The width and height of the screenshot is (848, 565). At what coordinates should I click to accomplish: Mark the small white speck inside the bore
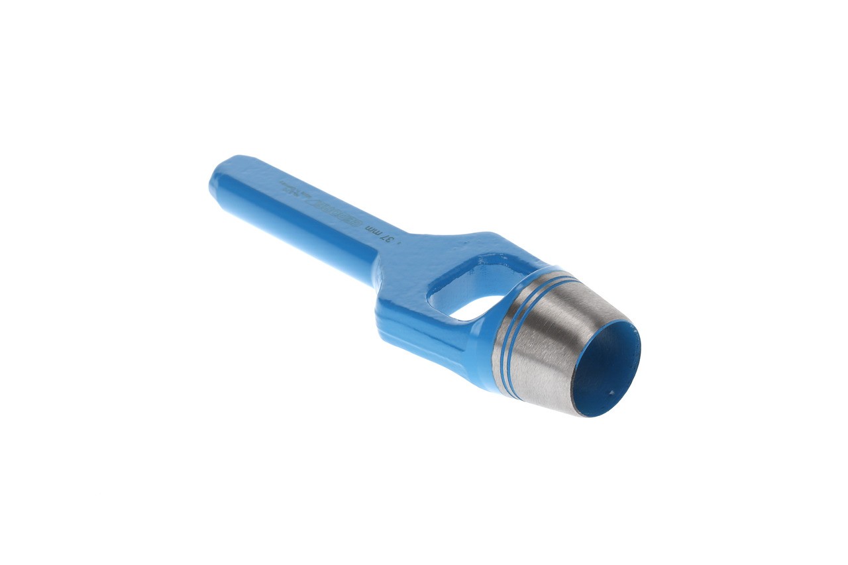click(611, 391)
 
